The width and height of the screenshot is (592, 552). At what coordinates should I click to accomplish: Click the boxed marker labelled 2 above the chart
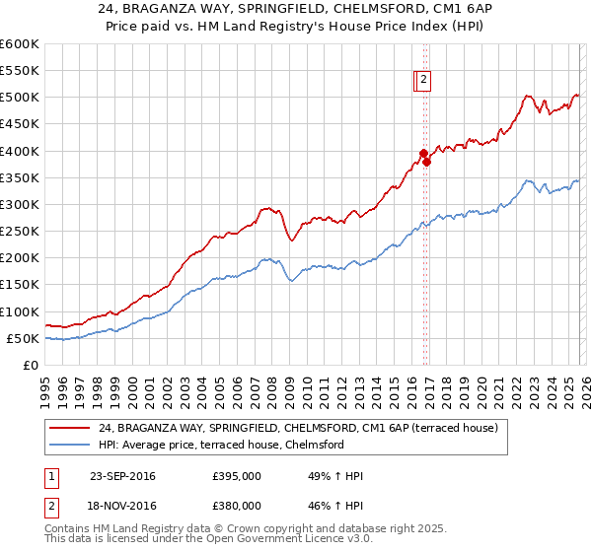[x=423, y=81]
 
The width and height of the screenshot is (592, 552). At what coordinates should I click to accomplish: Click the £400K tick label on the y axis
[x=20, y=151]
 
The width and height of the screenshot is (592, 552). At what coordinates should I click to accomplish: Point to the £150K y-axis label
[x=20, y=285]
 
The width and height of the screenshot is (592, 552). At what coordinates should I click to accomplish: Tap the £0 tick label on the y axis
[x=30, y=366]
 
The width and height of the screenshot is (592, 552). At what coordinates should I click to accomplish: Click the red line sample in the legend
[x=71, y=428]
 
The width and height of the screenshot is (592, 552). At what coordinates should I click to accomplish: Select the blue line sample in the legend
[x=71, y=445]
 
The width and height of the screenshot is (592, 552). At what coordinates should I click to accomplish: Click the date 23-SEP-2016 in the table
[x=122, y=476]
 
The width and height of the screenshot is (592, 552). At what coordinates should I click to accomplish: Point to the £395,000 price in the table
[x=237, y=476]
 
